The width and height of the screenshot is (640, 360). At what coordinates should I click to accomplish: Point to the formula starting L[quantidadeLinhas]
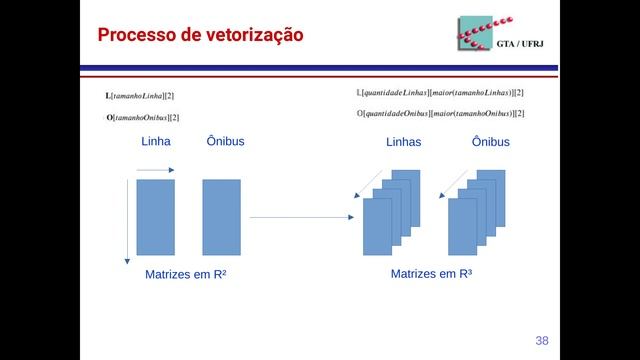440,93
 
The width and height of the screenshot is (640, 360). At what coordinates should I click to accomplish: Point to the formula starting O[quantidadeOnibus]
440,114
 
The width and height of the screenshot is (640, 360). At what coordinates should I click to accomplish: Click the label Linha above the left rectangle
156,142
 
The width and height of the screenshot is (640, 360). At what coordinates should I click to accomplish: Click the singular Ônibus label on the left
225,142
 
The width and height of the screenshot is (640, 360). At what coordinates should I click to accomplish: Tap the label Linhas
404,143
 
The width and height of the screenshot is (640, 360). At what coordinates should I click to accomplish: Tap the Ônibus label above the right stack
491,143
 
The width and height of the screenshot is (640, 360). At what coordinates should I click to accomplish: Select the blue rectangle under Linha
156,217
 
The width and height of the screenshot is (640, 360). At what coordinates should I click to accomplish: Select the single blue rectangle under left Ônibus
221,217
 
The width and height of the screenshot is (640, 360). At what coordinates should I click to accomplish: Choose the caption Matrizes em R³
431,274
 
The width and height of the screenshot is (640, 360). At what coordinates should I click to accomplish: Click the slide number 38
542,340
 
